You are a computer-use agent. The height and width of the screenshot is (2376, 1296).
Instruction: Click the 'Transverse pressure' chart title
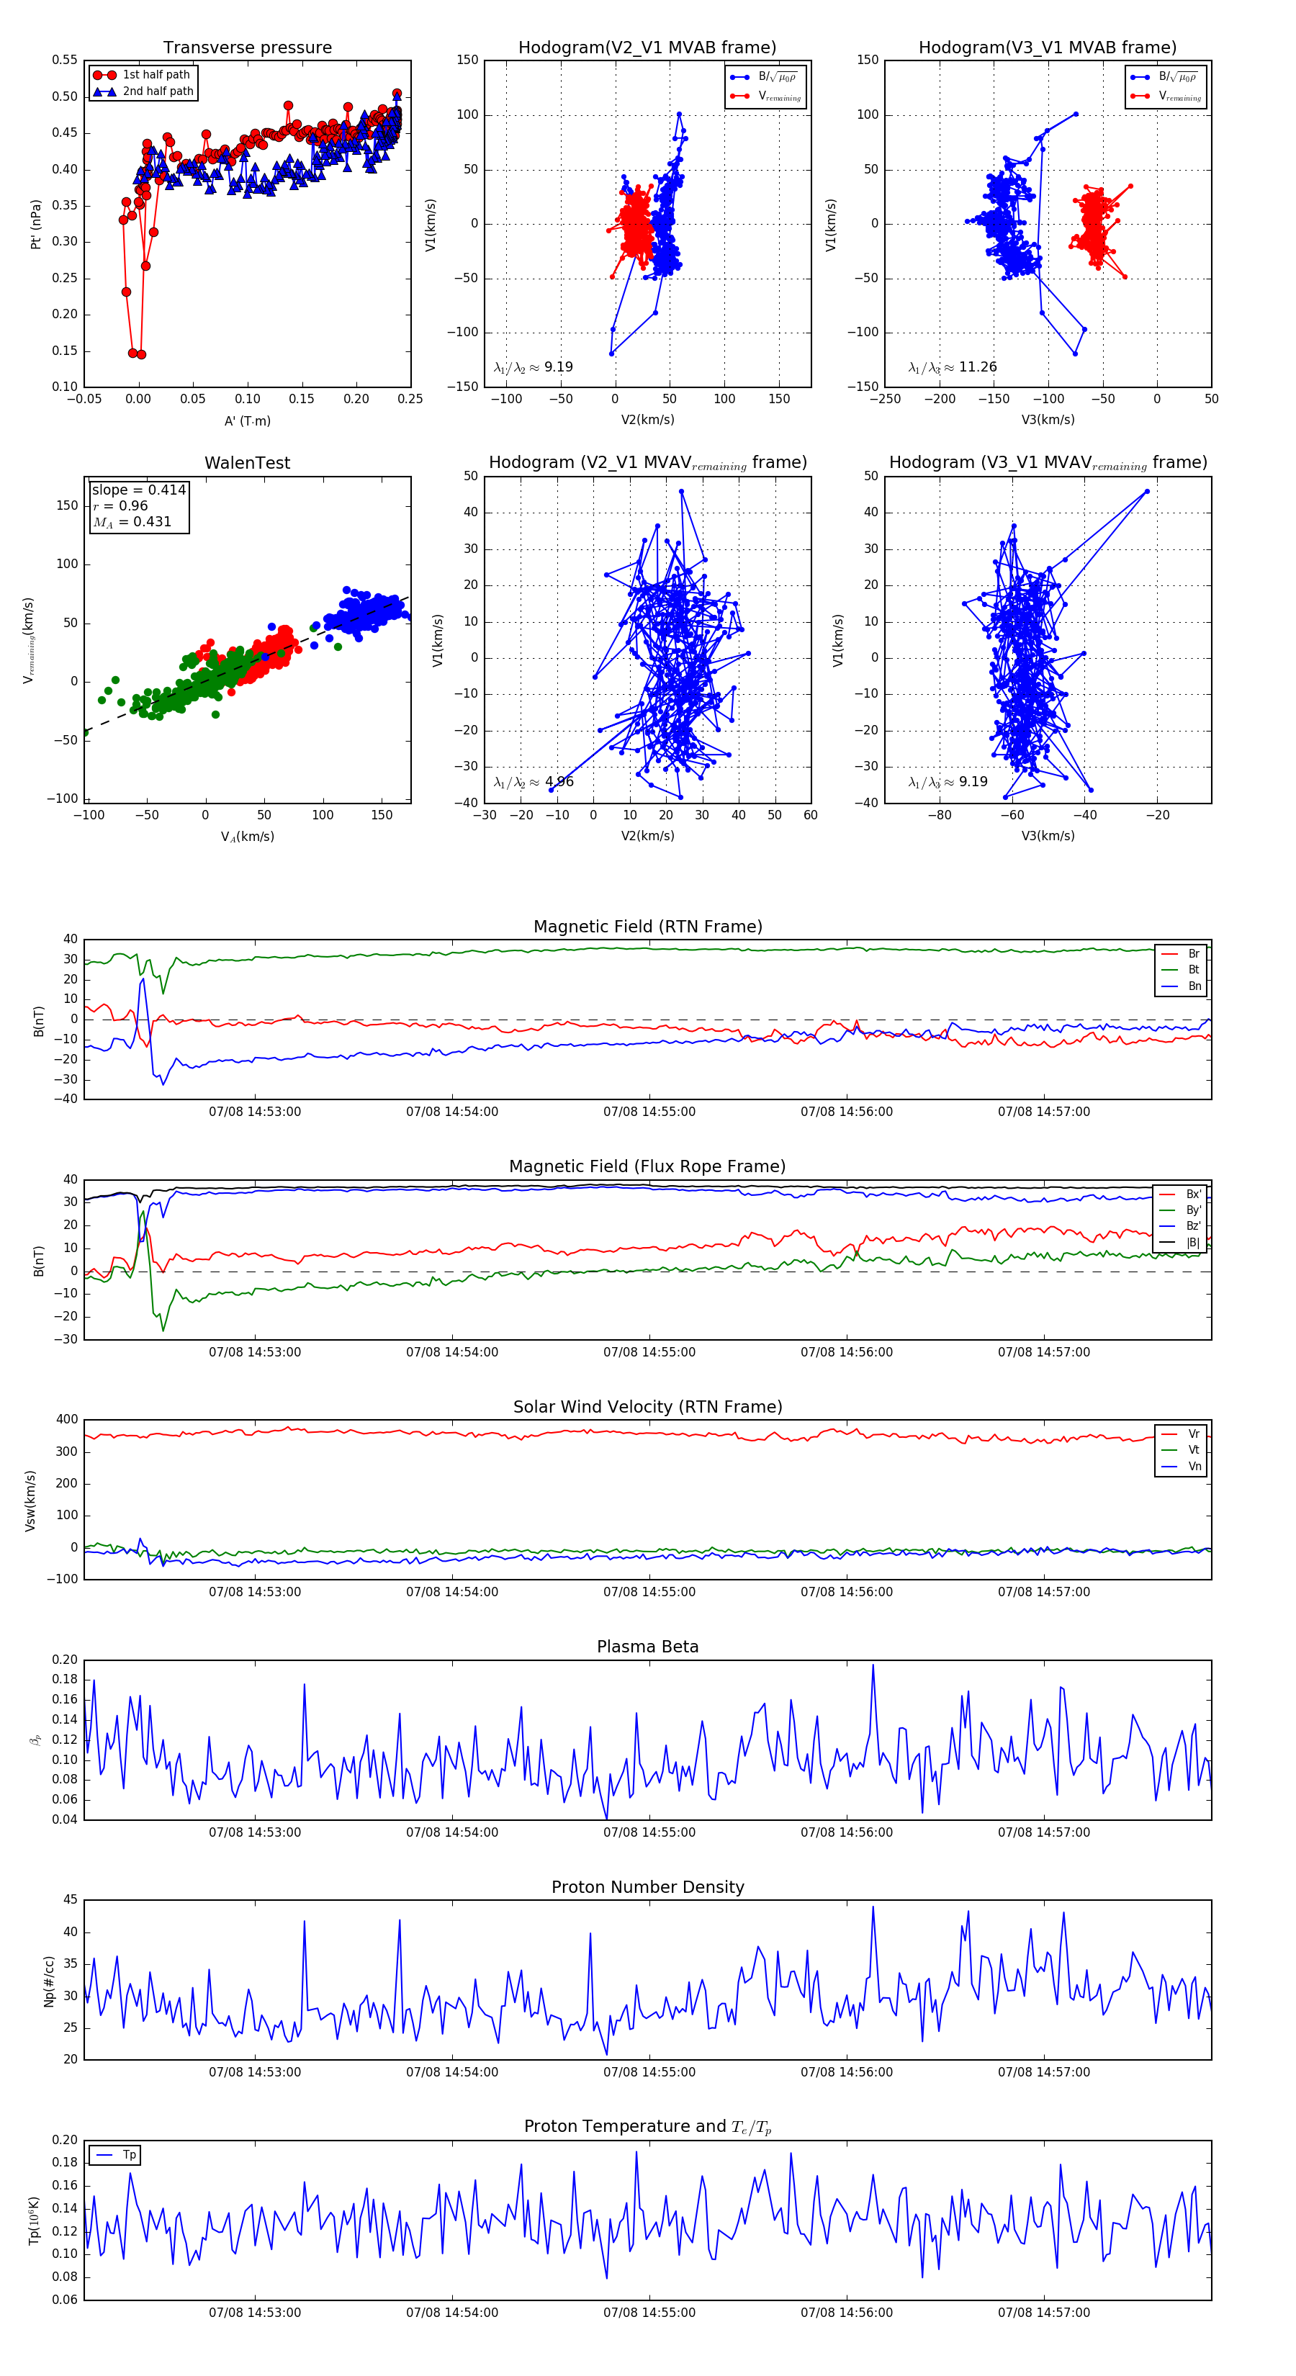[247, 48]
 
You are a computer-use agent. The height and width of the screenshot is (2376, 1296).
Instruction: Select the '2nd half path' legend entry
[158, 91]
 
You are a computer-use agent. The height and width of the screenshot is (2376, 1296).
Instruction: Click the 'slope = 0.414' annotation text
[138, 490]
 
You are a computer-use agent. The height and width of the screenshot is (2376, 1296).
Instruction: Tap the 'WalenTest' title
[247, 463]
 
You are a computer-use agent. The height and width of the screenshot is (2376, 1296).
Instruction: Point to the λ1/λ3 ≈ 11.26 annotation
[952, 367]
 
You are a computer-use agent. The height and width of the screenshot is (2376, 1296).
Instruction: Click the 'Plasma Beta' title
[647, 1647]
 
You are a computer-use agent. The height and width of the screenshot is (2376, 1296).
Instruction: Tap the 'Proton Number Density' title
[647, 1887]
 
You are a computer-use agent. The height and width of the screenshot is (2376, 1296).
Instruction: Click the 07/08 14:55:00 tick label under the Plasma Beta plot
[649, 1832]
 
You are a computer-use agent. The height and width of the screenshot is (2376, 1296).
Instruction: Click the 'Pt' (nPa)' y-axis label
[36, 224]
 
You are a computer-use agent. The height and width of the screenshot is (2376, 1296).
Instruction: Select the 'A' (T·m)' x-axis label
[247, 420]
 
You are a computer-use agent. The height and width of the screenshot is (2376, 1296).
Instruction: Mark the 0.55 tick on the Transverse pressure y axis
[65, 60]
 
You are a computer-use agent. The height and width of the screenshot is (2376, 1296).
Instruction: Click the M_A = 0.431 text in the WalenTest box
[132, 522]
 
